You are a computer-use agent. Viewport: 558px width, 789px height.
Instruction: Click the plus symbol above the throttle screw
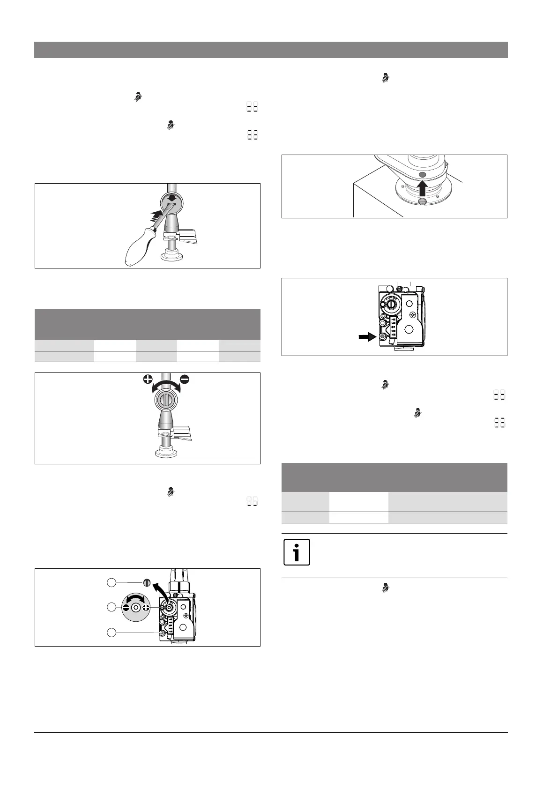(x=149, y=380)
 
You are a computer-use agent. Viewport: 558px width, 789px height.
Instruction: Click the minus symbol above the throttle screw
(x=184, y=380)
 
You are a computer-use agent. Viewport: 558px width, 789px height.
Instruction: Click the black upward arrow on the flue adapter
(x=422, y=187)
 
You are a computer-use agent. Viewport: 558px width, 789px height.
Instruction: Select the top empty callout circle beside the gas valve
(x=112, y=582)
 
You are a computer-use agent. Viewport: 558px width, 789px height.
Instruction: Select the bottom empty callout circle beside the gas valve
(x=112, y=632)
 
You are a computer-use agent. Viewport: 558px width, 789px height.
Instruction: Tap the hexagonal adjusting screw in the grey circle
(x=136, y=607)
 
